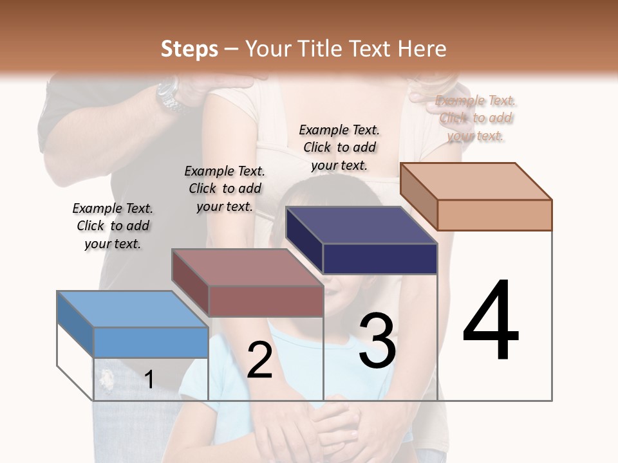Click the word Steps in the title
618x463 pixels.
[x=189, y=49]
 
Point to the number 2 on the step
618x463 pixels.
[x=259, y=360]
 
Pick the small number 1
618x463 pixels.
[x=149, y=379]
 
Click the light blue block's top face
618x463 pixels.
[x=132, y=309]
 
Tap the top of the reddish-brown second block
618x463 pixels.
[x=247, y=266]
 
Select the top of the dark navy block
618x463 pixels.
[x=361, y=225]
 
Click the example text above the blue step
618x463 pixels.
[x=113, y=226]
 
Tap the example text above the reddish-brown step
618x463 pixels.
[x=225, y=188]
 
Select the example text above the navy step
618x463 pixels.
[x=339, y=147]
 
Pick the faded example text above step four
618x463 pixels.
[x=476, y=118]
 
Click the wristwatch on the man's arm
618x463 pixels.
[x=169, y=95]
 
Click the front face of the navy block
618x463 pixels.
[x=380, y=259]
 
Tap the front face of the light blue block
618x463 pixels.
[x=151, y=342]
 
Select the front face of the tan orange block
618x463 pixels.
[x=494, y=215]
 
